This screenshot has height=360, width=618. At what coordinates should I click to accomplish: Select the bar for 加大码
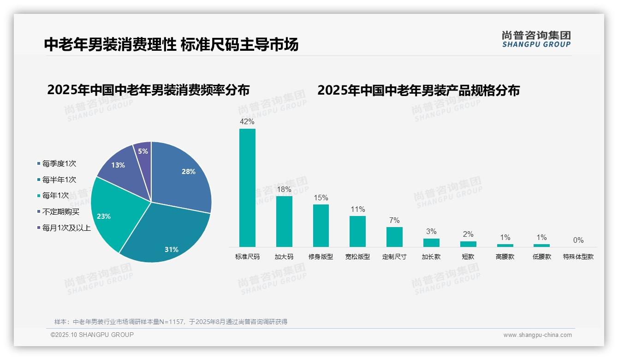(284, 221)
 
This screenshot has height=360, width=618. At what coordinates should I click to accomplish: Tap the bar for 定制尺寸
(394, 237)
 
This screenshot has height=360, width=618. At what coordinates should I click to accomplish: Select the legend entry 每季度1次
(59, 163)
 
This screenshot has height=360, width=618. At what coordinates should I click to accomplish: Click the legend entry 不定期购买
(61, 211)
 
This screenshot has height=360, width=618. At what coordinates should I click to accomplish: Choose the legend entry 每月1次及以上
(66, 228)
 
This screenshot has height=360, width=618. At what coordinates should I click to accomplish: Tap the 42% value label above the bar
(247, 122)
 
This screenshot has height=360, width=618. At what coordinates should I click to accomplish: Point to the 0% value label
(578, 240)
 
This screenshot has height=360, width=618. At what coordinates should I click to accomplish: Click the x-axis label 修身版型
(321, 257)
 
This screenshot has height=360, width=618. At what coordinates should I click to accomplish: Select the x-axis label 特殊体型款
(578, 257)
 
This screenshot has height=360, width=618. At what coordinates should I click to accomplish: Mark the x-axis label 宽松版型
(357, 257)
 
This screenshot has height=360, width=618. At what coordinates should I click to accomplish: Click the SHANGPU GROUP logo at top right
(536, 39)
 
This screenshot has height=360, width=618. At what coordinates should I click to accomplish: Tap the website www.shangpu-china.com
(537, 335)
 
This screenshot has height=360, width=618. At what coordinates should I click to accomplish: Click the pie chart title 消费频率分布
(148, 90)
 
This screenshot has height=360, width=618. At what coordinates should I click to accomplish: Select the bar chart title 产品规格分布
(418, 90)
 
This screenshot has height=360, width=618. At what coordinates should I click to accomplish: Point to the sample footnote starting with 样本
(171, 322)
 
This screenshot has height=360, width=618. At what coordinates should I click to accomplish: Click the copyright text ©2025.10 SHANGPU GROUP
(92, 335)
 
